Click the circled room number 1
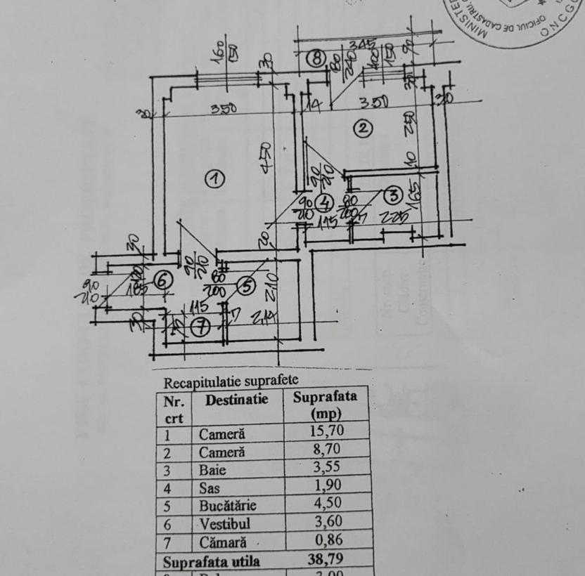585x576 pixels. point(214,178)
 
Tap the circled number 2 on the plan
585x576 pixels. point(362,129)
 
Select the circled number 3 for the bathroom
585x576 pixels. point(392,195)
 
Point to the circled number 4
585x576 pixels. point(323,202)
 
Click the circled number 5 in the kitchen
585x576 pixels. point(245,286)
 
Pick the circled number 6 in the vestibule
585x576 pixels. point(162,280)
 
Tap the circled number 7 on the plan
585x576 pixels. point(201,327)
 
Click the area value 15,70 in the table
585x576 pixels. point(327,431)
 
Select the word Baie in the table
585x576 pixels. point(212,470)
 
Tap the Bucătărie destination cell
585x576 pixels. point(227,506)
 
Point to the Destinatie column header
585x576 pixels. point(236,400)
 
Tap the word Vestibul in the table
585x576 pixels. point(224,524)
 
